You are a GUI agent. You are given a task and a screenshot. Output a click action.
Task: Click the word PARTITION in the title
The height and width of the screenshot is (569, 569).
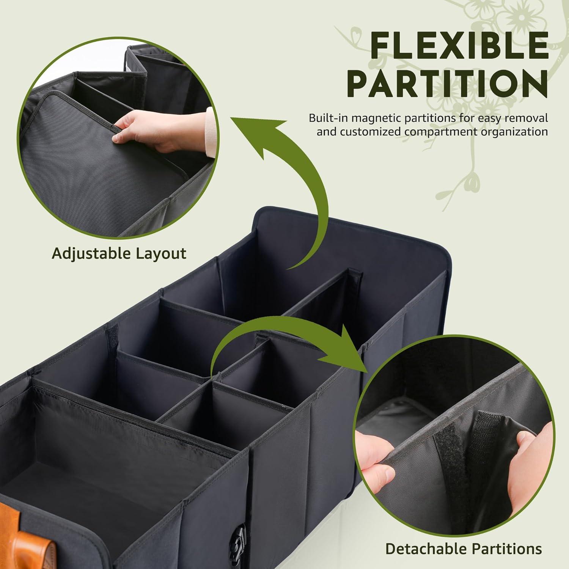coord(448,85)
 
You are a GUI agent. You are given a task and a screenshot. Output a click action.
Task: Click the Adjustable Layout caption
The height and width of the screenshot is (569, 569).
coord(119,253)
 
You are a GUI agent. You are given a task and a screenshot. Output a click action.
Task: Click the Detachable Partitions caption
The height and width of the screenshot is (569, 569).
coord(464,549)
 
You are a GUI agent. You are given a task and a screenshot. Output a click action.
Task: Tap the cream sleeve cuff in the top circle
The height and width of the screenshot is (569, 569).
coord(211,133)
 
